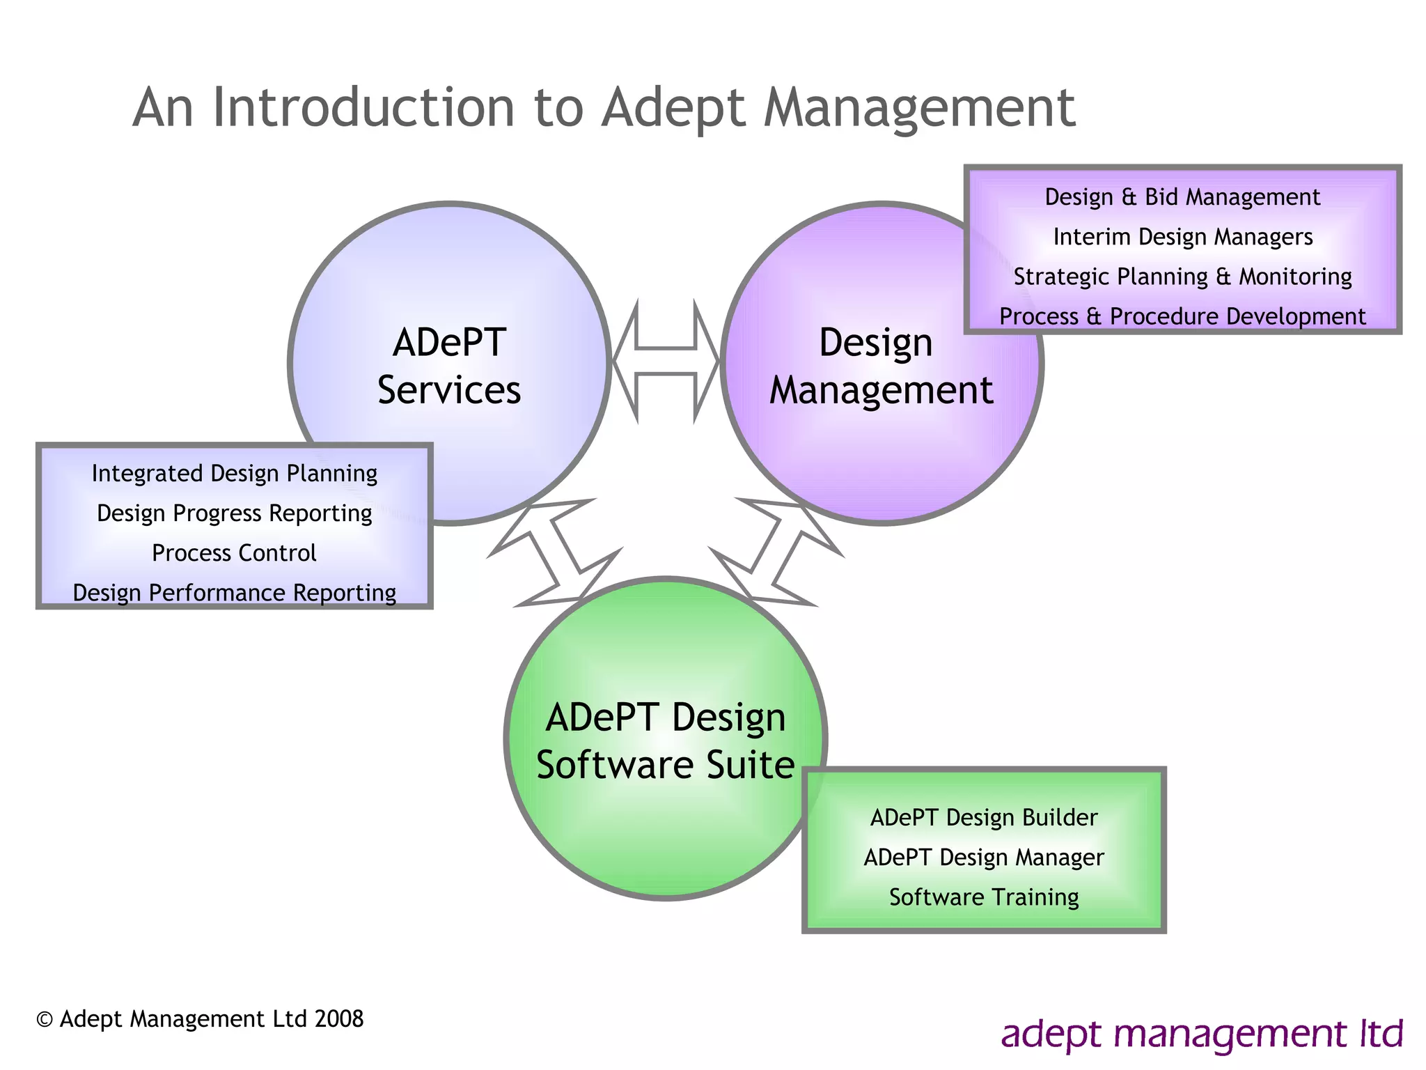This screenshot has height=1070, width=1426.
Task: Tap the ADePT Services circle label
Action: (449, 366)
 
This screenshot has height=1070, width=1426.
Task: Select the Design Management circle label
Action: (880, 366)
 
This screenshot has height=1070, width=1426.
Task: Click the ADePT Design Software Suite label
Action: (665, 741)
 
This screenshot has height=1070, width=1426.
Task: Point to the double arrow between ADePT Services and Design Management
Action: (666, 361)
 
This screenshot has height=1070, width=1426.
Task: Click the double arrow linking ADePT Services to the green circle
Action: (555, 553)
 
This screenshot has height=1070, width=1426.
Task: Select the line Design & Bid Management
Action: (1182, 197)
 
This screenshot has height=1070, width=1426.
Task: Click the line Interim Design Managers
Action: (1182, 237)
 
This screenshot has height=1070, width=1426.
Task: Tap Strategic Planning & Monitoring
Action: (1182, 277)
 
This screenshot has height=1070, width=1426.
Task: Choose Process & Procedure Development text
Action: (1182, 316)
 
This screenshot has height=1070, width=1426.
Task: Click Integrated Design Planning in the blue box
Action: (234, 474)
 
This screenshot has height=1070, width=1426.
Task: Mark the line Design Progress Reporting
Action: (234, 513)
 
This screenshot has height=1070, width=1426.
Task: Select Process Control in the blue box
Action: (234, 553)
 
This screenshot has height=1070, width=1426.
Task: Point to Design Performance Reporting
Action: (234, 593)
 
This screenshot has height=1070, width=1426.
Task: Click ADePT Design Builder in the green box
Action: (983, 818)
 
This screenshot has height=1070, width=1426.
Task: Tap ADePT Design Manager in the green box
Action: (983, 858)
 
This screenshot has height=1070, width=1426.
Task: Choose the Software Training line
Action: (983, 897)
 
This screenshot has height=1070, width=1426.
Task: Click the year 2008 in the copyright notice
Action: (339, 1019)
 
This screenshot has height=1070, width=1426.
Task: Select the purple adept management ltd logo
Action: (1201, 1034)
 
